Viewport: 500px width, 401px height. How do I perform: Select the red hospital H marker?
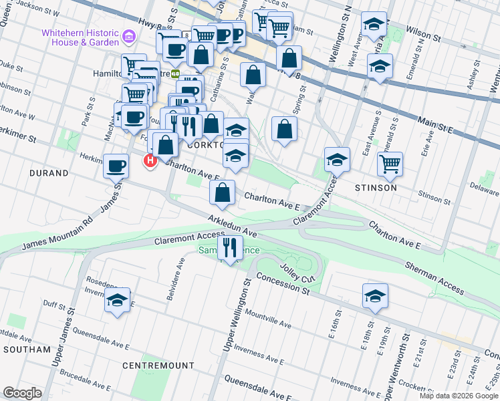coord(150,160)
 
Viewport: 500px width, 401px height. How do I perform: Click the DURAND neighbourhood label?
coord(49,173)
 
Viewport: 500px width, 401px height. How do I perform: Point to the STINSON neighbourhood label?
coord(376,188)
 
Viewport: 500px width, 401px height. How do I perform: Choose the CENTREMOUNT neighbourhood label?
coord(158,366)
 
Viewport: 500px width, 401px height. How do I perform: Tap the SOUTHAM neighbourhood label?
coord(27,350)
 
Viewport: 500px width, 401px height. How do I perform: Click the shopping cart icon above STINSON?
coord(390,162)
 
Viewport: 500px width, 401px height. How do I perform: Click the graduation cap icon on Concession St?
coord(375,296)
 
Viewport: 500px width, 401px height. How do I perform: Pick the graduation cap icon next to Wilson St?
coord(374,25)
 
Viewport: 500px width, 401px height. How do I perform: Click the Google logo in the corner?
coord(23,392)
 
